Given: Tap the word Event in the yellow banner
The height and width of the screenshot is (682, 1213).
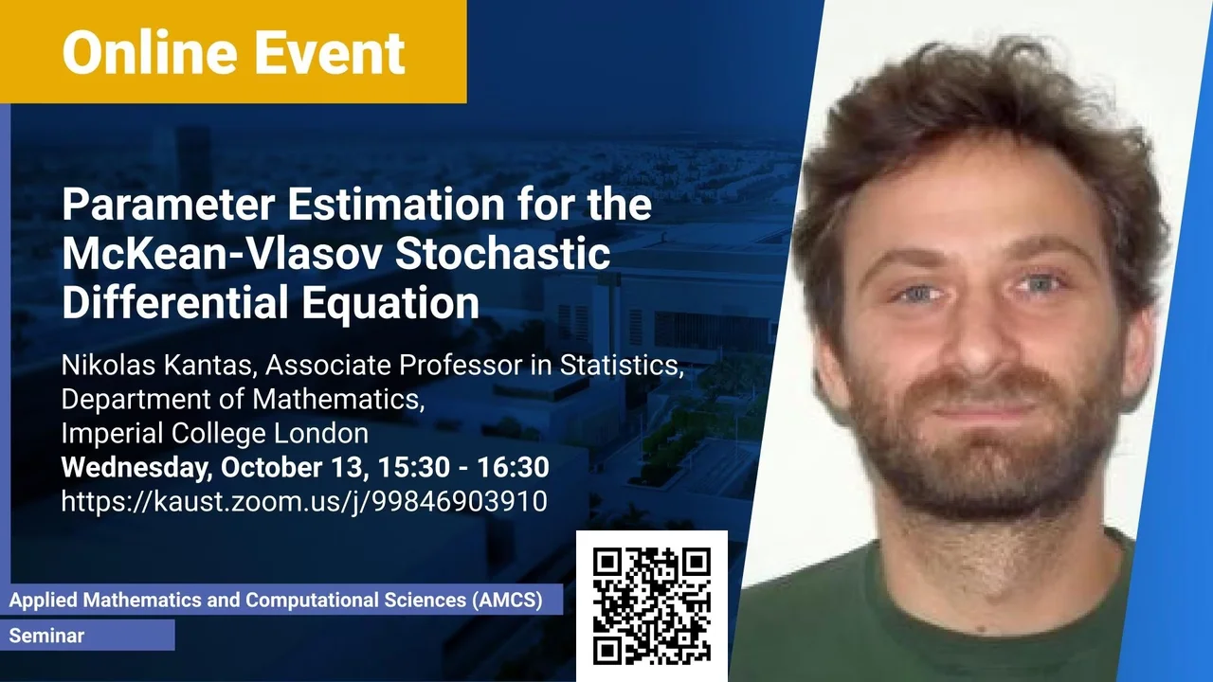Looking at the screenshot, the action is (330, 52).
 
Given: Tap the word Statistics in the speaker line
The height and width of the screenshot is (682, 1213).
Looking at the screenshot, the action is (622, 366).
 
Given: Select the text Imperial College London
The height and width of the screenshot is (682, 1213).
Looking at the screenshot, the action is (214, 434).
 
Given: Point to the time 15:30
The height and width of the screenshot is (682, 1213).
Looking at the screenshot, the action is (414, 467).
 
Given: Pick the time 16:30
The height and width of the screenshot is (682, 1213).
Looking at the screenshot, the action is (513, 467).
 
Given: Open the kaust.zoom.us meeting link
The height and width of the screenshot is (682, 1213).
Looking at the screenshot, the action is (304, 502).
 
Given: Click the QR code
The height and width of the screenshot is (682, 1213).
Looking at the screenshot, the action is (651, 605).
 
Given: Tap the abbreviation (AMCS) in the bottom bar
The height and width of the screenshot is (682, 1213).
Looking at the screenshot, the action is (507, 601).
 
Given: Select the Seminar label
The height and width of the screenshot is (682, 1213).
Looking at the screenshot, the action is (46, 636).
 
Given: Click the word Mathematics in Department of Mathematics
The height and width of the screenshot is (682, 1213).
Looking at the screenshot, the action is (338, 400).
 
